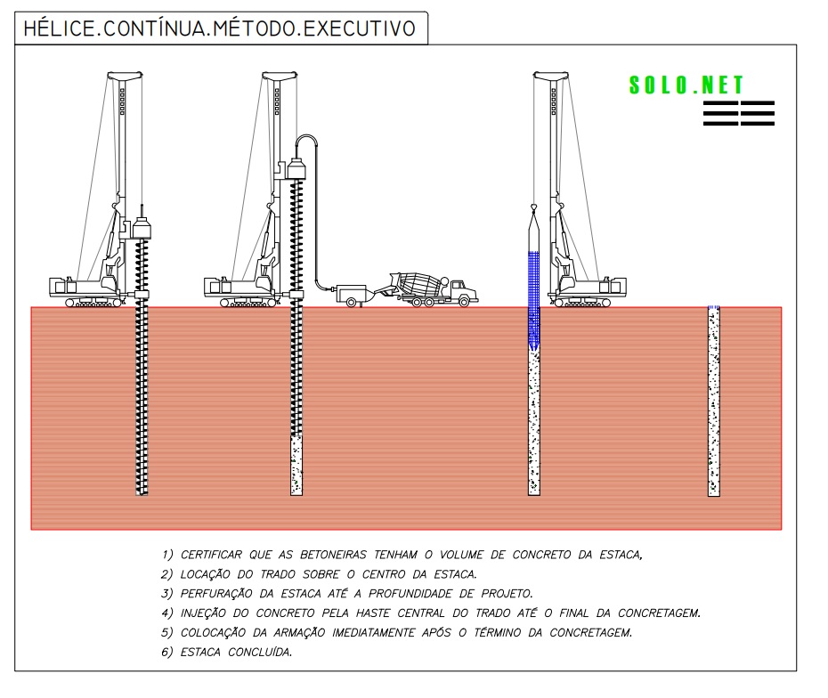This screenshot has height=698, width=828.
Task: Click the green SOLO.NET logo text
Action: tap(686, 85)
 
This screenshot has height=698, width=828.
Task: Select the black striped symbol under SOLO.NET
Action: tap(739, 113)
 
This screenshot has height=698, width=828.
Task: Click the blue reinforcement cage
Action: tap(534, 300)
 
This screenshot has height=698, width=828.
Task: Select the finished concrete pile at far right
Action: tap(713, 401)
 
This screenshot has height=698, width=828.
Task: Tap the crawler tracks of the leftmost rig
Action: tap(93, 303)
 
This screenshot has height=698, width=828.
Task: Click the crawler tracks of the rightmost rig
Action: tap(582, 303)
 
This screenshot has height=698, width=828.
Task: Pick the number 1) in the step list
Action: tap(166, 555)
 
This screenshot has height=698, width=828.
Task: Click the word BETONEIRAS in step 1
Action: tap(333, 555)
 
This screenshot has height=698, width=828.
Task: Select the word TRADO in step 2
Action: tap(278, 574)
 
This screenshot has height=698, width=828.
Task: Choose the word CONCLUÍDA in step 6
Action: tap(260, 652)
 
